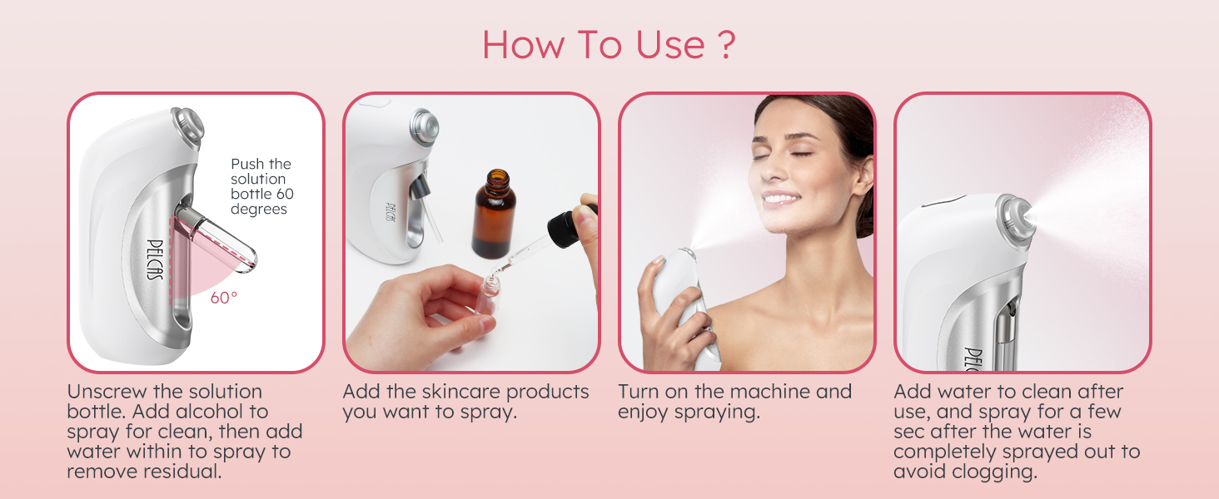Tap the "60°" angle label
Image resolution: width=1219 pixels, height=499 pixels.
223,298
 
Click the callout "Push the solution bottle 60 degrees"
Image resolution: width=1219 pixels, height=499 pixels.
261,186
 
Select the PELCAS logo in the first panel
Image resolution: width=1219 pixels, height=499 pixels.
154,259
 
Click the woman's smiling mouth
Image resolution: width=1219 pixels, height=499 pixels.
780,198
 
